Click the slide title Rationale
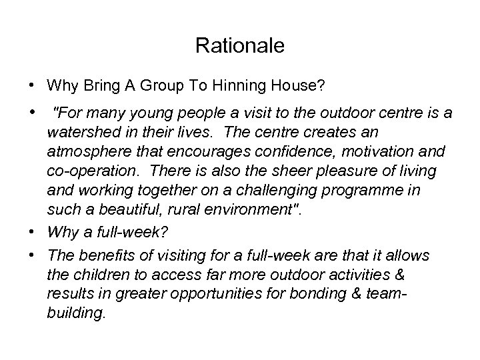click(x=240, y=46)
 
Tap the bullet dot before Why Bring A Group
click(x=32, y=86)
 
